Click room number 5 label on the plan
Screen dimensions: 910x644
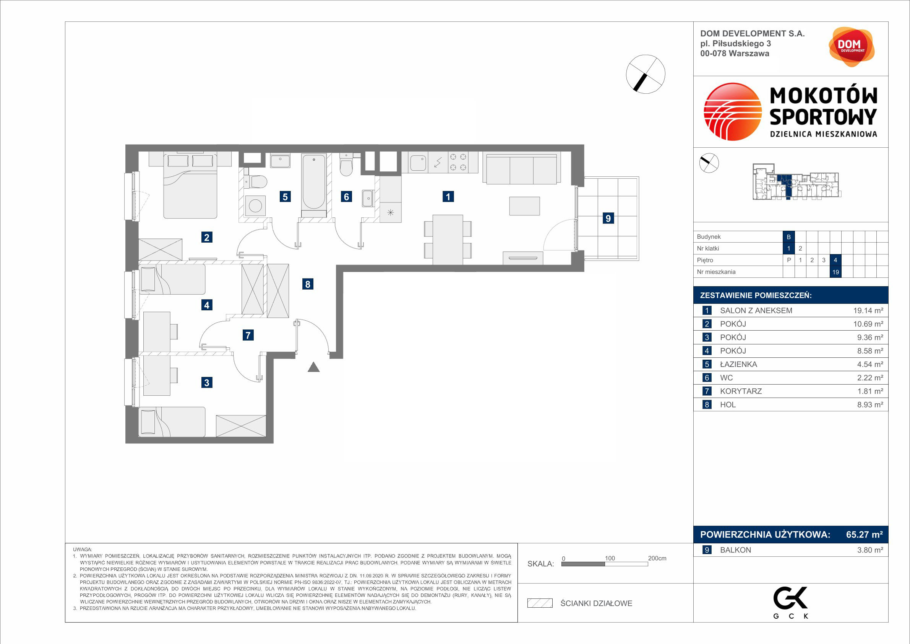(x=285, y=196)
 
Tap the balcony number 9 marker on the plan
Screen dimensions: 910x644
(x=608, y=218)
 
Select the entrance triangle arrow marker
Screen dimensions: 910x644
(x=313, y=367)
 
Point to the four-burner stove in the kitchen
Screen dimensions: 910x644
(x=458, y=162)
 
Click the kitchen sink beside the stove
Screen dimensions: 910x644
(x=418, y=163)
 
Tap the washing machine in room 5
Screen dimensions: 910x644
(x=255, y=205)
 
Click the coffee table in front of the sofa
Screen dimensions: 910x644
(x=524, y=206)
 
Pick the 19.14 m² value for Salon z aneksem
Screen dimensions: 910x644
(x=868, y=311)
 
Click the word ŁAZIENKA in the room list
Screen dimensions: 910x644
(x=738, y=364)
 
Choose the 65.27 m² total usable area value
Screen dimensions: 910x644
(x=865, y=535)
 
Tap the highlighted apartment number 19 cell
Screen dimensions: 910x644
(x=835, y=272)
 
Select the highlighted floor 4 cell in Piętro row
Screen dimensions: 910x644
(x=835, y=260)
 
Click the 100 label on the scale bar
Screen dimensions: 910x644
(x=610, y=558)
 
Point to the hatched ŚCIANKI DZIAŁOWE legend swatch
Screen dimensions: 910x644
(x=540, y=603)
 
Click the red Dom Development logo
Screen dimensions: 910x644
(x=852, y=47)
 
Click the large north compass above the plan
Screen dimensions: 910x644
(x=646, y=74)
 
